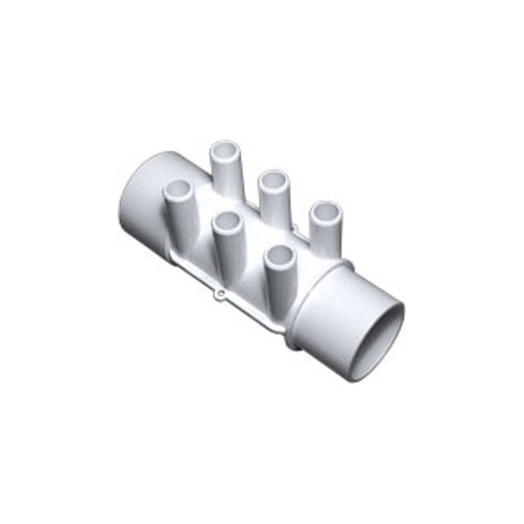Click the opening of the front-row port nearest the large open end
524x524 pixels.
pos(280,255)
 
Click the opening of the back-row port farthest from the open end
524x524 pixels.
pos(224,149)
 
